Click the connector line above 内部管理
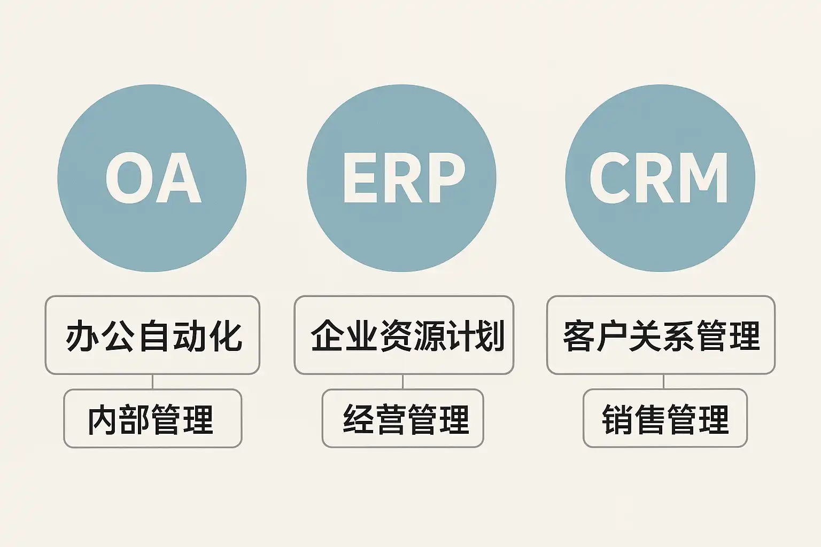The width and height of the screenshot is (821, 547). point(153,381)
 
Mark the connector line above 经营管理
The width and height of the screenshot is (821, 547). point(402,381)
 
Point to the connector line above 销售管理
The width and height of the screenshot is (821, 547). point(663,381)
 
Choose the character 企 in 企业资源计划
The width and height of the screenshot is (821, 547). point(327,335)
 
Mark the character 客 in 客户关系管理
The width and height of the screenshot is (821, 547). point(579,335)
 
